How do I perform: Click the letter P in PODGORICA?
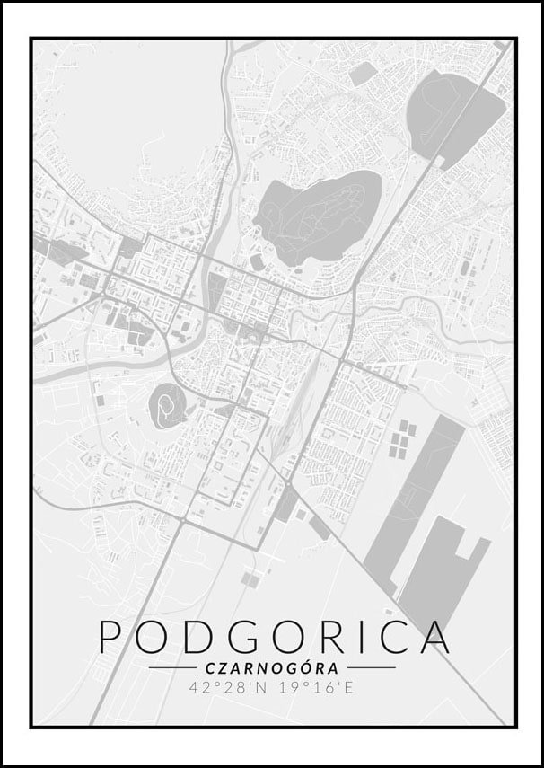pos(112,636)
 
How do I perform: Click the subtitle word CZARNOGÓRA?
pos(271,668)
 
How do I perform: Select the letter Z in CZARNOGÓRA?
pos(223,668)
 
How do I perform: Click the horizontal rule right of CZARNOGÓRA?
pos(371,668)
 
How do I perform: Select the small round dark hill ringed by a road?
pos(167,405)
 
